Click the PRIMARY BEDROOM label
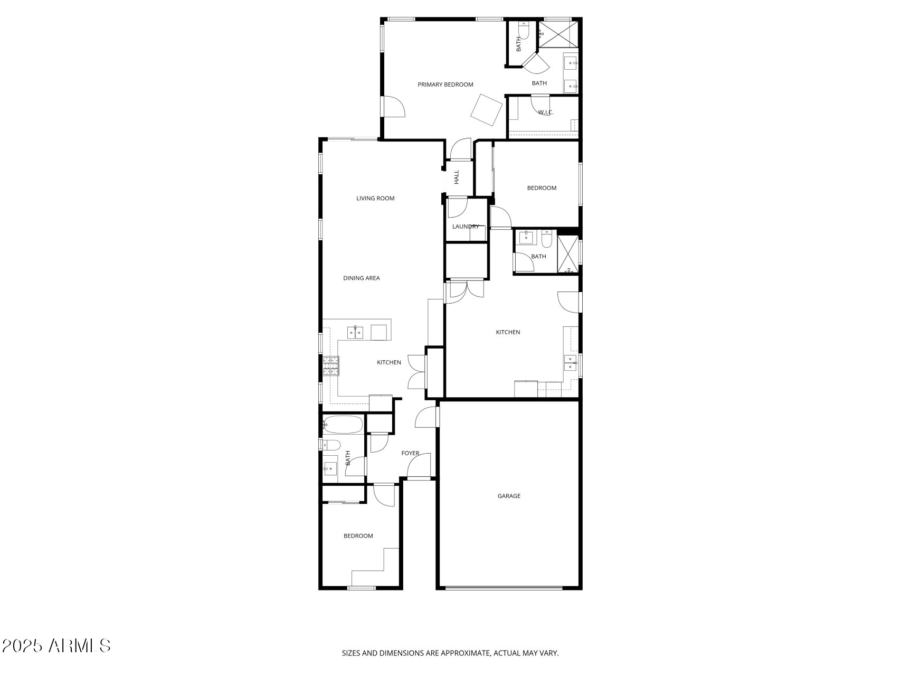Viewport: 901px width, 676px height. pos(445,84)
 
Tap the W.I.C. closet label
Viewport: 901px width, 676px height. pos(546,112)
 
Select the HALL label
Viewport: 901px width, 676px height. pos(457,176)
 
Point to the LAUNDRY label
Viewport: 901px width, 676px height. pos(466,227)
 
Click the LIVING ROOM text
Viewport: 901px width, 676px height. pos(375,199)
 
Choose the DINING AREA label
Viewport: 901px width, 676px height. pos(362,278)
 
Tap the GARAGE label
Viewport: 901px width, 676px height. pos(509,496)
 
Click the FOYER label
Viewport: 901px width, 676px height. pos(410,453)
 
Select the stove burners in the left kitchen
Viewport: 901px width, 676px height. pos(331,366)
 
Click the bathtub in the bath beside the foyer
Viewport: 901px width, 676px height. pos(343,424)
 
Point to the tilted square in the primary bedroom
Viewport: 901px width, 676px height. pos(486,110)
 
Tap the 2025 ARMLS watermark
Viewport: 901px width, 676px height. pos(56,645)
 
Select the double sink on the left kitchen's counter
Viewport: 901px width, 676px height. pos(355,333)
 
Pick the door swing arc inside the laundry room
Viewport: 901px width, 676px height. pos(458,208)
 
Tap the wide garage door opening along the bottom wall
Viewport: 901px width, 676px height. pos(504,587)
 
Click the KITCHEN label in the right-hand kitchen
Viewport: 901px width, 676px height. pos(508,332)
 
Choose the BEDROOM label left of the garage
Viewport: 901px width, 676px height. pos(358,536)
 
